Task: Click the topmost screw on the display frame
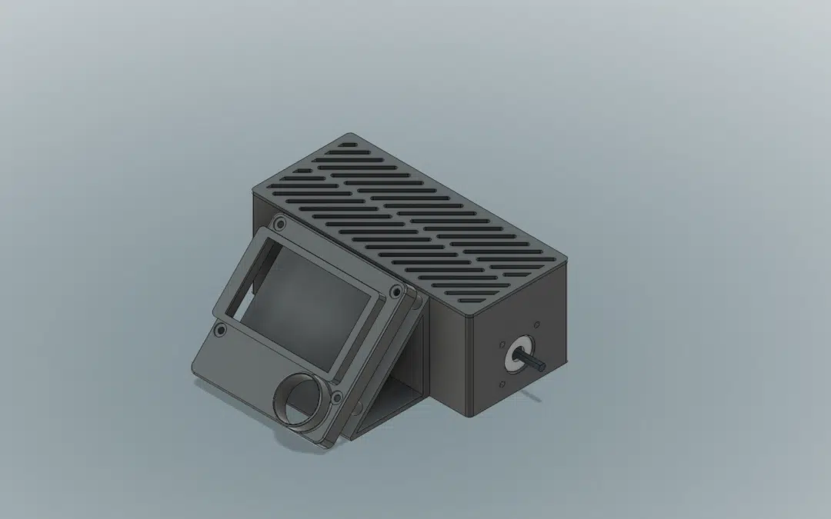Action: [x=279, y=224]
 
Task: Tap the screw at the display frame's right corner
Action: [x=395, y=291]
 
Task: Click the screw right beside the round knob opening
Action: [x=336, y=398]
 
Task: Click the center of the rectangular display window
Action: [x=308, y=296]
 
